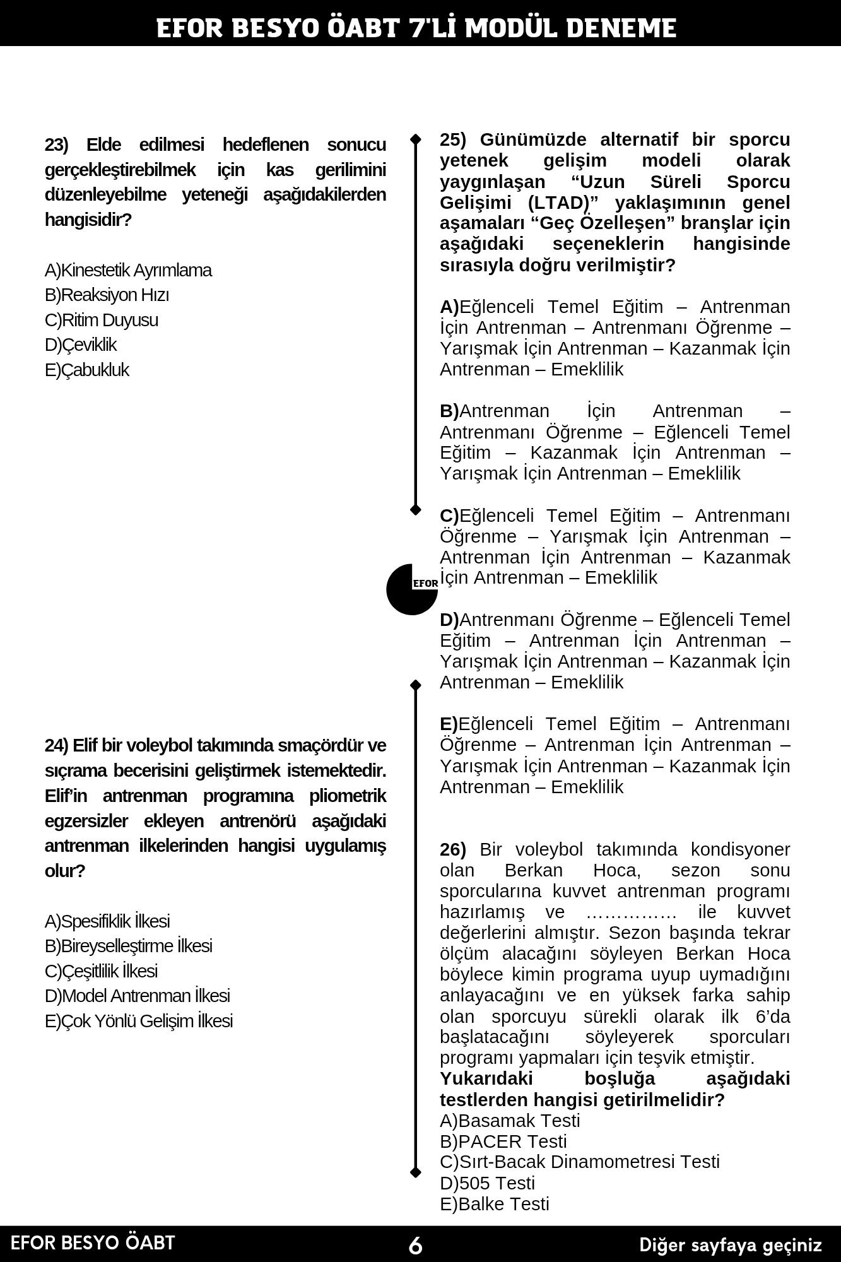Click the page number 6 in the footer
[416, 1246]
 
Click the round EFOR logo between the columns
[411, 589]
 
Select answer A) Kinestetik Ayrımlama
[128, 270]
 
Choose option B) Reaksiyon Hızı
[107, 295]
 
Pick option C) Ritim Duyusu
[102, 320]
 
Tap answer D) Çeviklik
[81, 345]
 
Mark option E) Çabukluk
[87, 370]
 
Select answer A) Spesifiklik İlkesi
[107, 921]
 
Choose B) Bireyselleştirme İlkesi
[128, 946]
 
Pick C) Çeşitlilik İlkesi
[101, 970]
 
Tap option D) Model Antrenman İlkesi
[137, 996]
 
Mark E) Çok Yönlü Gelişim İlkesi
[139, 1020]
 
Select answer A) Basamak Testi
[510, 1121]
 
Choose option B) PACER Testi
[503, 1141]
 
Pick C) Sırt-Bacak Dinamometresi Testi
[580, 1162]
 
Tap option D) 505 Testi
[487, 1183]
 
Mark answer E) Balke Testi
[495, 1204]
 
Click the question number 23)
[57, 145]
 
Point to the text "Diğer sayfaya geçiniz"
[731, 1245]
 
